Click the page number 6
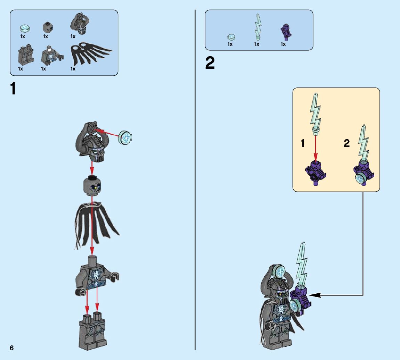click(x=12, y=348)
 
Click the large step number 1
click(x=13, y=89)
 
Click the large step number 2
click(x=210, y=64)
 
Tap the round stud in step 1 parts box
click(x=25, y=27)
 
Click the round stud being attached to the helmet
click(x=126, y=138)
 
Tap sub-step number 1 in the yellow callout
click(x=303, y=143)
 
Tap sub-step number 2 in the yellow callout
click(x=346, y=143)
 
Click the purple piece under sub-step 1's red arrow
click(x=315, y=172)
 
